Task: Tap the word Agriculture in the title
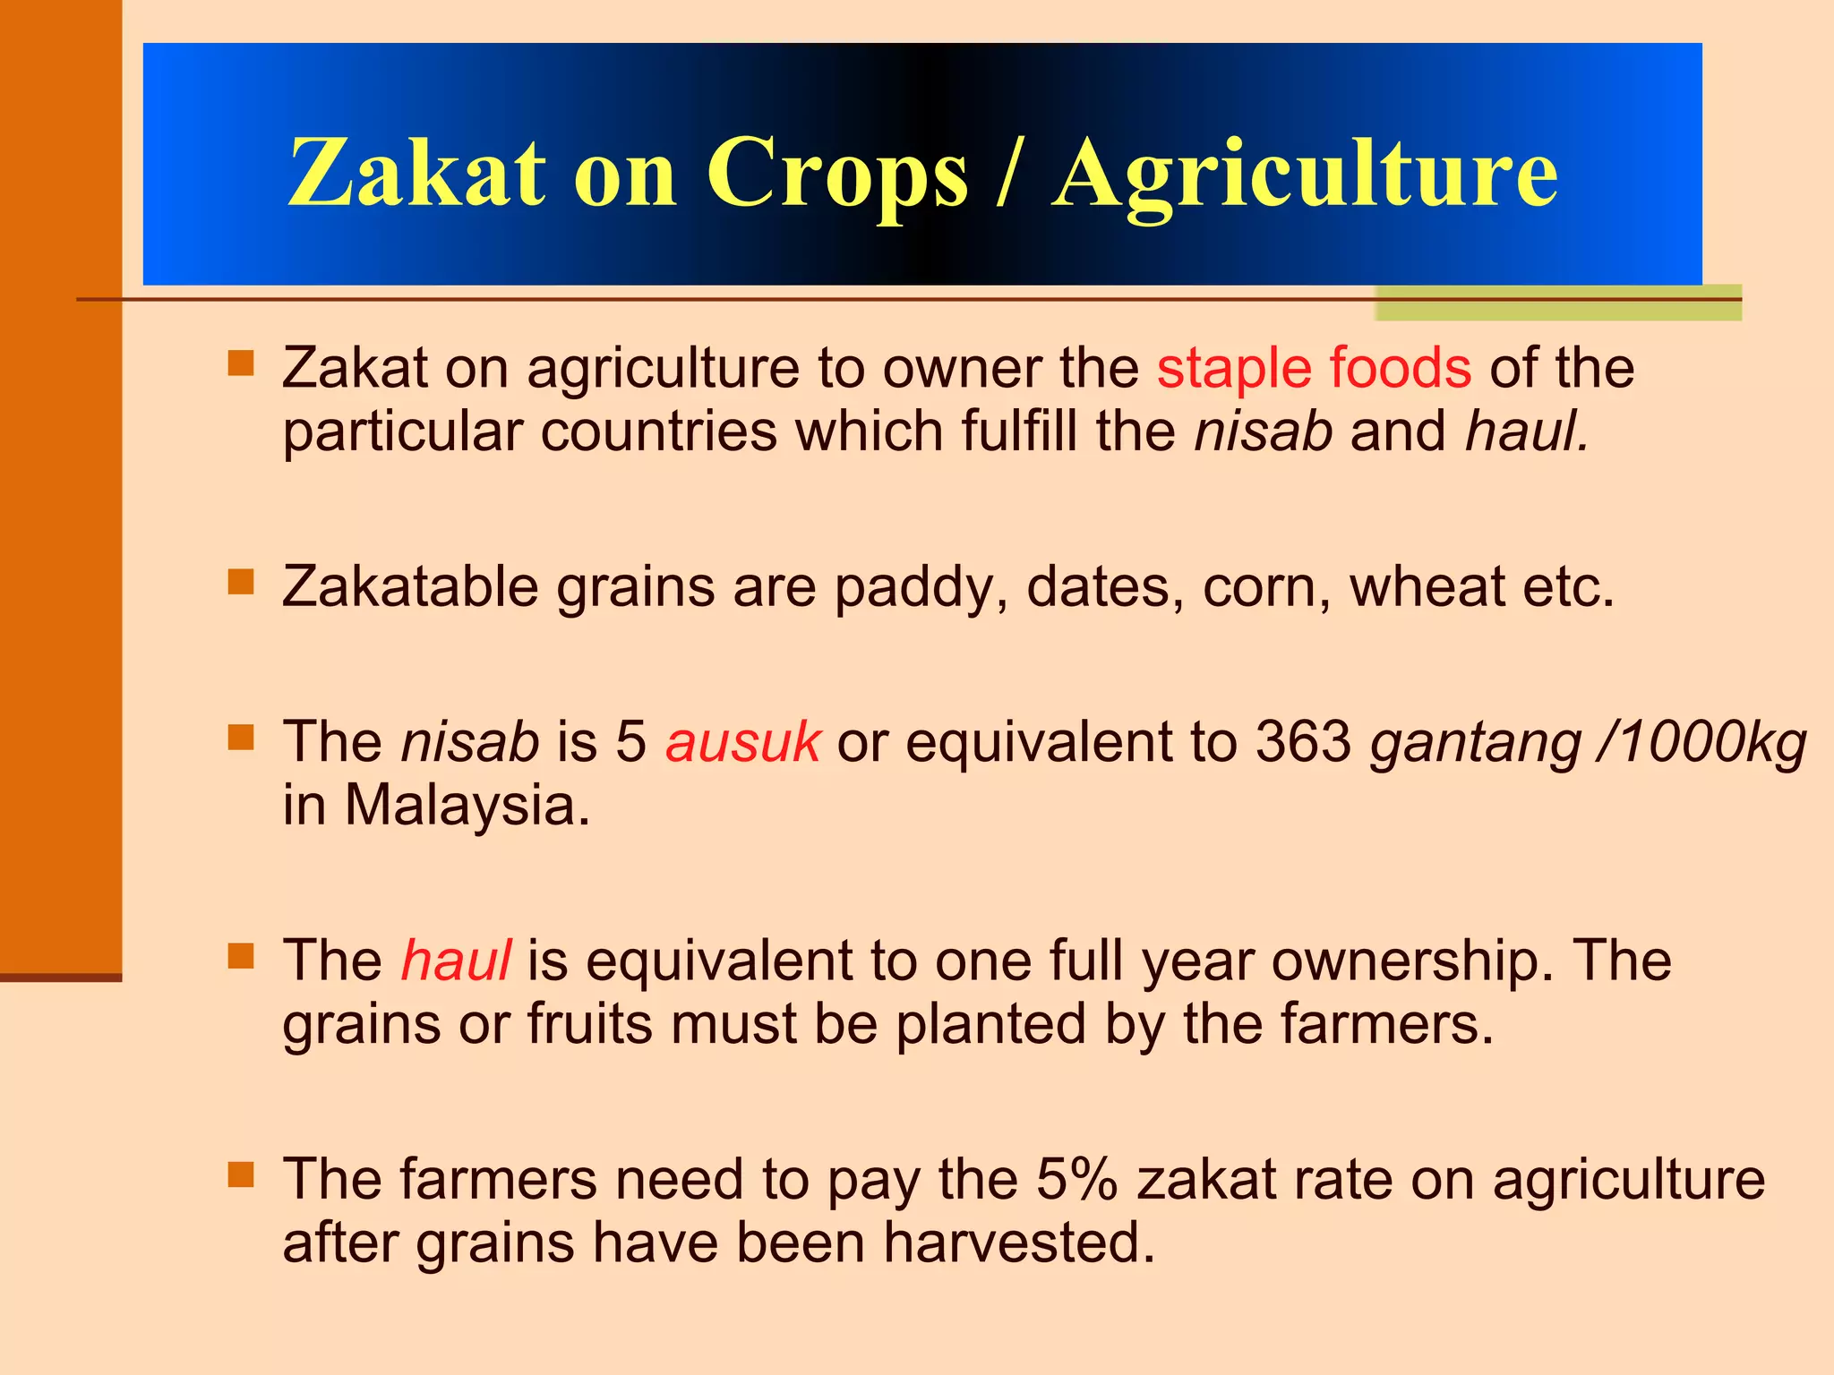1304,175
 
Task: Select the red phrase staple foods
1314,368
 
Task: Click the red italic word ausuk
742,742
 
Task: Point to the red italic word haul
456,961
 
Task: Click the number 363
1303,742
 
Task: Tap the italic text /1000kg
1702,742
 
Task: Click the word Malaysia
467,806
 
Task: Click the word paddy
921,589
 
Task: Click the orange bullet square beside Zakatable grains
241,583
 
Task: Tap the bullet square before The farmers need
241,1174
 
